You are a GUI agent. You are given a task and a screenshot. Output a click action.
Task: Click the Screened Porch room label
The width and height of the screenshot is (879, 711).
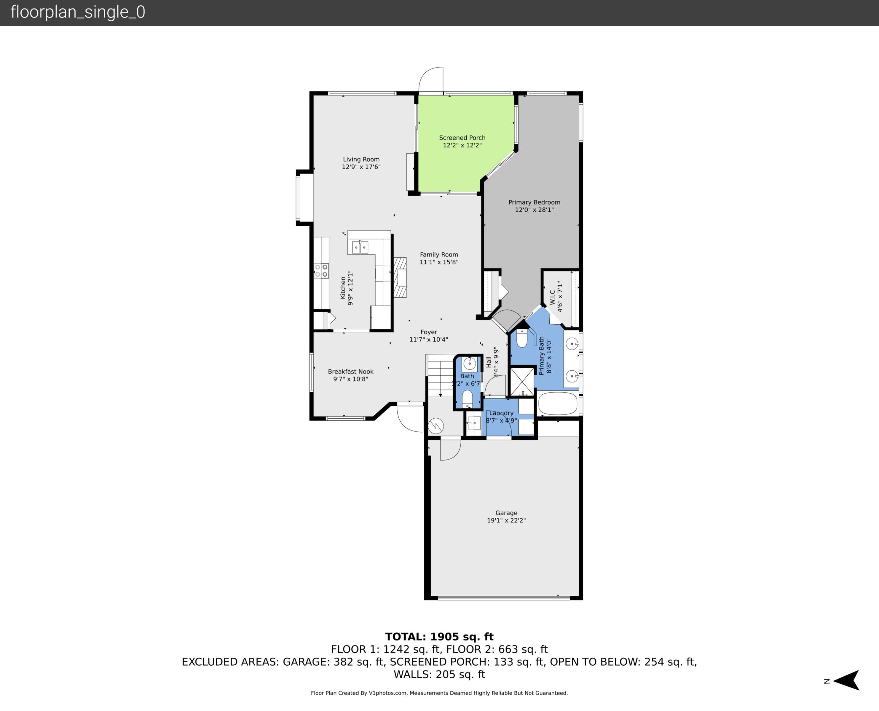coord(462,138)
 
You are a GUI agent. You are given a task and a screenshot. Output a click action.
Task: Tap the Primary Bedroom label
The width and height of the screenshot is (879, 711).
coord(534,202)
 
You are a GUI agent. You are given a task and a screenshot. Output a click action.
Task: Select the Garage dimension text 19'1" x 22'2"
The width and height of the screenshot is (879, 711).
coord(506,520)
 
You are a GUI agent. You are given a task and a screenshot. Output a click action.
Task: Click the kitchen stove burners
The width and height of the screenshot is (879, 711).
coord(321,271)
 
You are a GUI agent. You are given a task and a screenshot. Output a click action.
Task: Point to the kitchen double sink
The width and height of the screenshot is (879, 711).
coord(360,248)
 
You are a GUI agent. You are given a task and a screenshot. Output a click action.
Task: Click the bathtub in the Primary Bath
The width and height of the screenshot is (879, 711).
coord(557,404)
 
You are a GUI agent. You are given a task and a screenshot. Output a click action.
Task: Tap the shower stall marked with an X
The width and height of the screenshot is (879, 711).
coord(522,381)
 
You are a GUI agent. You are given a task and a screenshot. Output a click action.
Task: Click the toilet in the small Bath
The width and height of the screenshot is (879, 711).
coord(467,399)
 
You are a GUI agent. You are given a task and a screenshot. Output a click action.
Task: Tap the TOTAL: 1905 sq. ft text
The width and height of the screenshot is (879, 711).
coord(439,637)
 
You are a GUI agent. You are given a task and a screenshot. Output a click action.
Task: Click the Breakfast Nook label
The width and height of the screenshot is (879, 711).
coord(351,372)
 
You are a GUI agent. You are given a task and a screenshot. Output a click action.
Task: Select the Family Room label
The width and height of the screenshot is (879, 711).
coord(439,255)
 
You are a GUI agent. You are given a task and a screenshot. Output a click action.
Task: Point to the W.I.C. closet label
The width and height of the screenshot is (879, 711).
coord(552,297)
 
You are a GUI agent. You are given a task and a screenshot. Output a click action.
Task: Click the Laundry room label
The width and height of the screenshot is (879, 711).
coord(501,413)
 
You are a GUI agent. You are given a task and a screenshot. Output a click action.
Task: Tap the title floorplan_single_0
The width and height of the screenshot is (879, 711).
coord(78,12)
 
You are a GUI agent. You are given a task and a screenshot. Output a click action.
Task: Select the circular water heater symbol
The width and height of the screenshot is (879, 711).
coord(436,426)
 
